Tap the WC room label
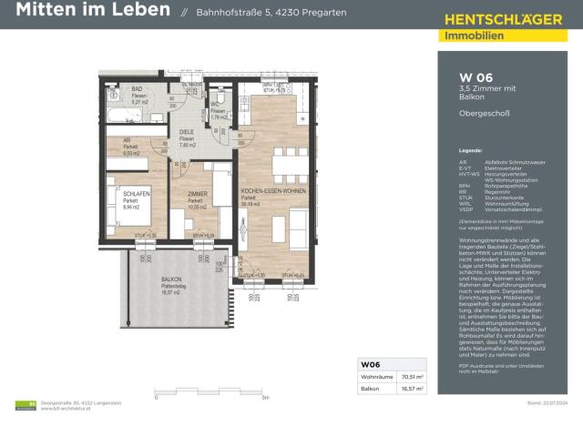pos(216,106)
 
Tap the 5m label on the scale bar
pos(265,398)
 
